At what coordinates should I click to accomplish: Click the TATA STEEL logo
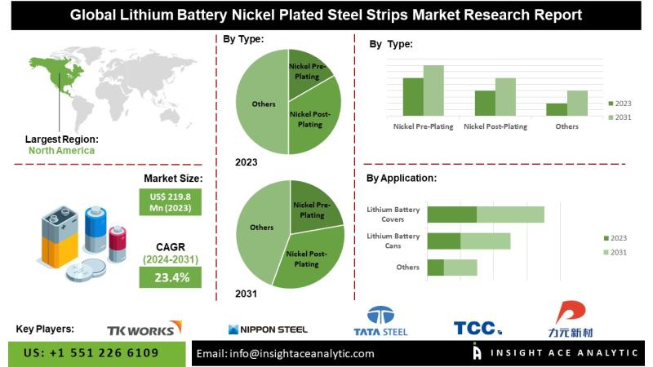click(x=380, y=321)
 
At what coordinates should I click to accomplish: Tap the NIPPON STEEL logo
click(x=268, y=329)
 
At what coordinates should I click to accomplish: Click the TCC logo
click(x=478, y=328)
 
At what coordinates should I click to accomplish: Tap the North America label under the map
click(x=61, y=150)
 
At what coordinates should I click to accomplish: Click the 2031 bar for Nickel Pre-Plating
click(x=433, y=90)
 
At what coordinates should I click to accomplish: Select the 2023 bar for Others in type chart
click(x=557, y=108)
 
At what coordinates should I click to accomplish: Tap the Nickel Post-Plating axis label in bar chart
click(x=495, y=127)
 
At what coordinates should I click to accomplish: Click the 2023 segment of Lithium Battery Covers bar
click(x=451, y=214)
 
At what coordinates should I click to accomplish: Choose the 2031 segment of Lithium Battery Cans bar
click(x=485, y=241)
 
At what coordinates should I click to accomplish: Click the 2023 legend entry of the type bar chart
click(x=620, y=104)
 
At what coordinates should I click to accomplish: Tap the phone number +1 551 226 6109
click(x=91, y=353)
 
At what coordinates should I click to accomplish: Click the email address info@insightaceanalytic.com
click(x=286, y=353)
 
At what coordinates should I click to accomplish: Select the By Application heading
click(x=401, y=178)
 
